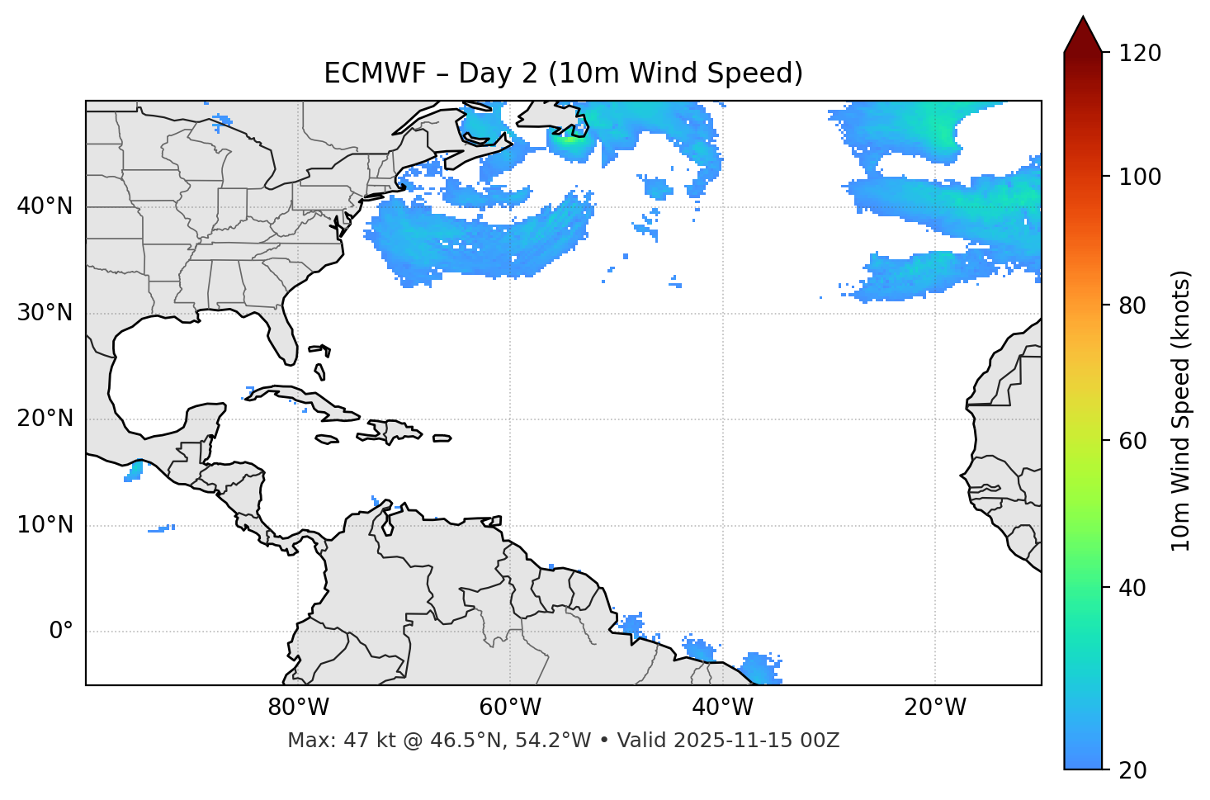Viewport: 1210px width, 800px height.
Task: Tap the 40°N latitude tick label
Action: point(45,206)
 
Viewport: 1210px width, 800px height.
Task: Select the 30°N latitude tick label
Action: point(45,313)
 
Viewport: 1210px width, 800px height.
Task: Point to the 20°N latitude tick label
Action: point(45,419)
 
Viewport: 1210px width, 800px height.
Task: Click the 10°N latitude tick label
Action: point(45,525)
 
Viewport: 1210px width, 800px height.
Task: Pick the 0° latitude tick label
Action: point(60,632)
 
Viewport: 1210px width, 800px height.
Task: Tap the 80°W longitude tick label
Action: point(298,708)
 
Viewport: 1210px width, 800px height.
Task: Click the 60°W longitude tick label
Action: point(510,708)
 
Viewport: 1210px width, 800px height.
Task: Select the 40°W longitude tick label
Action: point(722,708)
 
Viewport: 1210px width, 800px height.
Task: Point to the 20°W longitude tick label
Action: point(934,708)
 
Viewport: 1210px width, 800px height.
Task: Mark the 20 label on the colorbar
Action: point(1132,770)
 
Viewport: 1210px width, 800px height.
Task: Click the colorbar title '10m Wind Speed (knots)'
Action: point(1181,410)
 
